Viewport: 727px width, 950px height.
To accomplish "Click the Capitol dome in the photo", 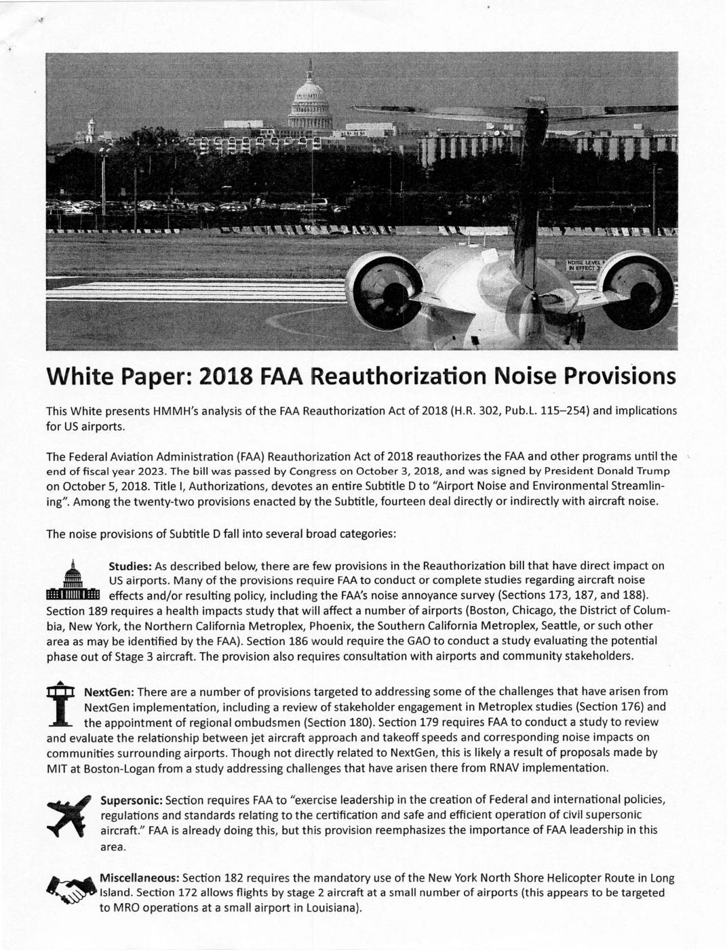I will coord(310,102).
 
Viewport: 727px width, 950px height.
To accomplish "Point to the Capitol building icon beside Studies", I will coord(73,581).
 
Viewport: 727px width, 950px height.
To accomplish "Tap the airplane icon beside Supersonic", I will coord(68,813).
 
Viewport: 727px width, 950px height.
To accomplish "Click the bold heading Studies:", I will coord(130,566).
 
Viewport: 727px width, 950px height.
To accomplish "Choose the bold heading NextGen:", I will coord(109,692).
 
